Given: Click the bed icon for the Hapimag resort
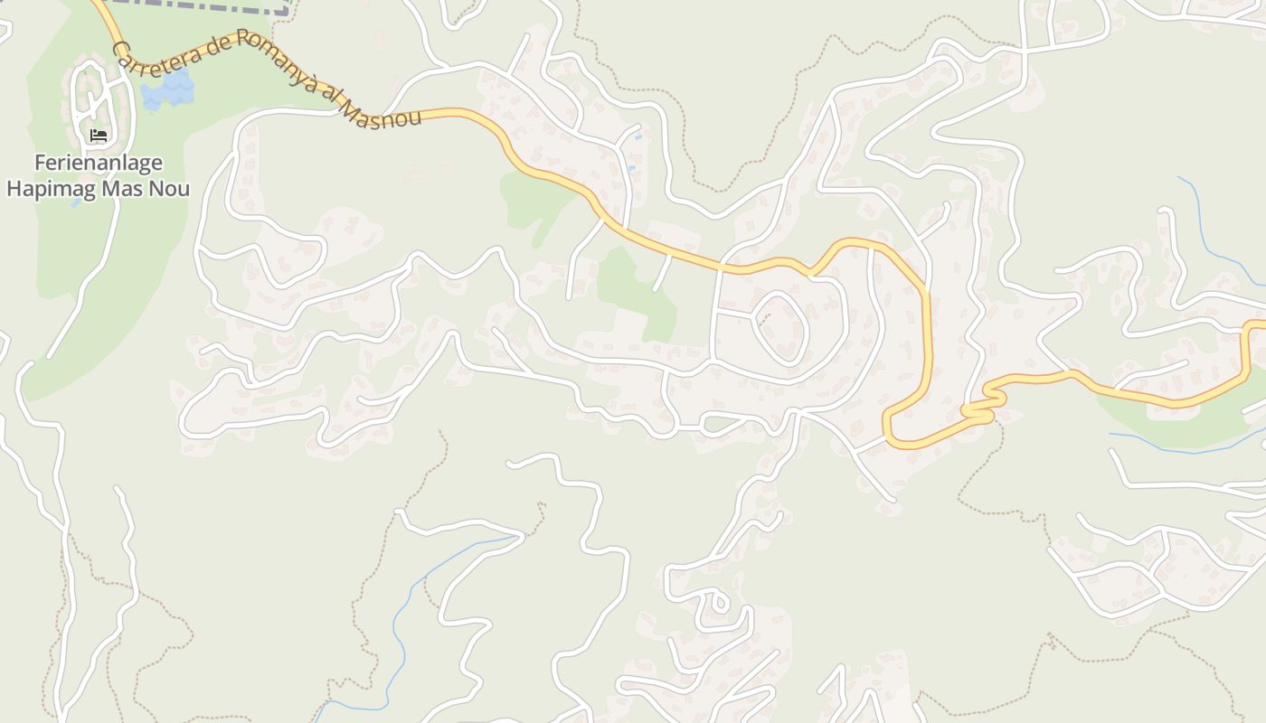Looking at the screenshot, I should (99, 136).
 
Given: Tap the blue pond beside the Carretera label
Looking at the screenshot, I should (168, 89).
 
